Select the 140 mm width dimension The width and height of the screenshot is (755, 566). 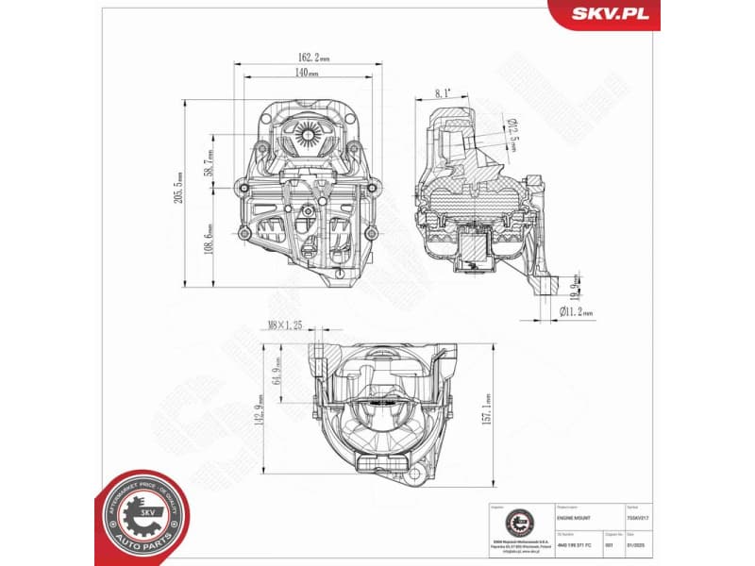coord(306,72)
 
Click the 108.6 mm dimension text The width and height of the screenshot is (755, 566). coord(209,240)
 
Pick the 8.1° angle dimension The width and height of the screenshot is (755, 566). coord(444,93)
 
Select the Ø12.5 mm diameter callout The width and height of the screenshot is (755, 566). coord(513,133)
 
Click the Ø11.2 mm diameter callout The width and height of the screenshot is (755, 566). coord(576,312)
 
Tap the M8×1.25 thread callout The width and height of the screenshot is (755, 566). coord(285,325)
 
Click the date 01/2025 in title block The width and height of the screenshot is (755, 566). coord(637,544)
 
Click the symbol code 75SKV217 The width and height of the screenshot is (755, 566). coord(639,518)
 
